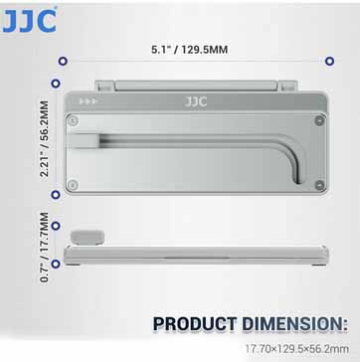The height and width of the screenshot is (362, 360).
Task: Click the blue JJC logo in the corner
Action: (x=29, y=21)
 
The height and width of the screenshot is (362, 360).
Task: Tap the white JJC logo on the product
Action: (x=196, y=101)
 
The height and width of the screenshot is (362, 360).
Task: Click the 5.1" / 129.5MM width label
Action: (x=190, y=50)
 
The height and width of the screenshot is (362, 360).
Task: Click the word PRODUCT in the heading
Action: (x=195, y=324)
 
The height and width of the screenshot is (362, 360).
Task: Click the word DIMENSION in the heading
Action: (x=295, y=324)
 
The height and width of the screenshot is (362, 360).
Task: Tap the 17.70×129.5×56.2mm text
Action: (x=296, y=349)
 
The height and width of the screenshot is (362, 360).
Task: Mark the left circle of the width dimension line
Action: (x=63, y=61)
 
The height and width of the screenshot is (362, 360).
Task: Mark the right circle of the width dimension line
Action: (x=329, y=61)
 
